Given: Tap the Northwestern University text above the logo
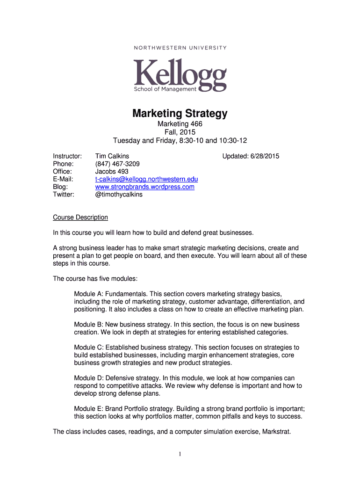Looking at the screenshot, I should (180, 48).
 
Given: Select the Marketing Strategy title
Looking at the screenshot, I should (180, 113).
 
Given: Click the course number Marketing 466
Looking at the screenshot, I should (180, 124).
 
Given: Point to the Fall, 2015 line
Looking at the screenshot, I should (180, 132).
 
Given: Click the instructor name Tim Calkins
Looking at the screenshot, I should (112, 156).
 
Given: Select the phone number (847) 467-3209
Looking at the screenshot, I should (117, 164).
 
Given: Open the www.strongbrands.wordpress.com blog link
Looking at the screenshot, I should (144, 187).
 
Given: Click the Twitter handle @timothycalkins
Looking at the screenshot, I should (119, 195).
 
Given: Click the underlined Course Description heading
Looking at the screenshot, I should (80, 218).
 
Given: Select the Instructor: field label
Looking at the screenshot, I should (68, 156).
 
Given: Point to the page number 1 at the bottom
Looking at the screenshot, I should (180, 454).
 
